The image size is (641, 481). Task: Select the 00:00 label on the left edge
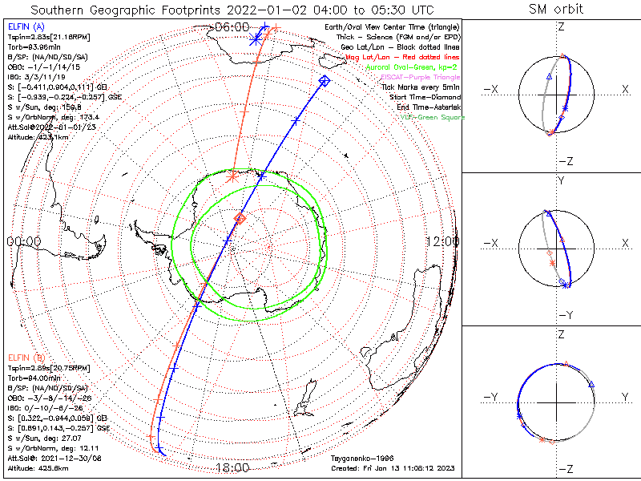(24, 241)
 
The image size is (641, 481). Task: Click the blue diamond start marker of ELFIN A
(324, 80)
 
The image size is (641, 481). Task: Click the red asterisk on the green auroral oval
(232, 176)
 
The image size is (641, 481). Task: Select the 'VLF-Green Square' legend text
(427, 118)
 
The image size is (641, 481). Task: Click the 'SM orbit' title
(556, 10)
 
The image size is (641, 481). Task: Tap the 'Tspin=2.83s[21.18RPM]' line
(44, 37)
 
